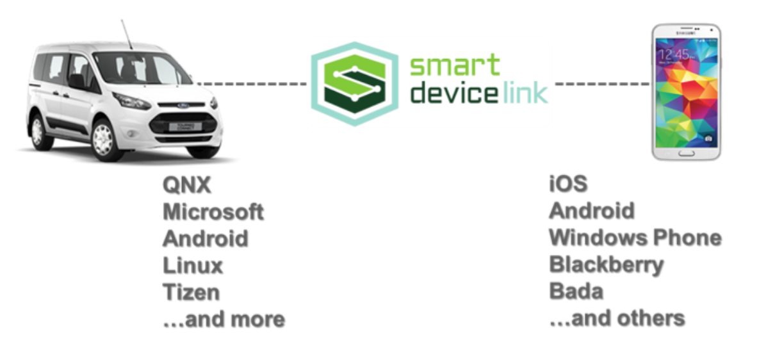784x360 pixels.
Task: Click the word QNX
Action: coord(186,186)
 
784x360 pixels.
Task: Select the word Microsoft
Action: coord(213,212)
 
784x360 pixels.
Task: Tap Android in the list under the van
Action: coord(206,239)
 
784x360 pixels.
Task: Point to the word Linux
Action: coord(193,265)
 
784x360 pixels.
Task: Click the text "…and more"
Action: coord(224,318)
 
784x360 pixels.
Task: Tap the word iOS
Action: coord(568,184)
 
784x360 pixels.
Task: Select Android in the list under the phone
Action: coord(592,211)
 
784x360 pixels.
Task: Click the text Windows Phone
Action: coord(635,238)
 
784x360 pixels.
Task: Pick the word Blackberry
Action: coord(606,265)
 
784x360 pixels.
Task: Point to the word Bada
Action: coord(576,291)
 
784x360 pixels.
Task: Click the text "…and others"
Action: coord(617,318)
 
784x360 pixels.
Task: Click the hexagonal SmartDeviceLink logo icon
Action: coord(354,84)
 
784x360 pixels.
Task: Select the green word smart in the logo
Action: coord(454,66)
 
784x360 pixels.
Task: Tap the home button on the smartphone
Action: coord(686,153)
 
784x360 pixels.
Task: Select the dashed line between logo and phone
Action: coord(602,84)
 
